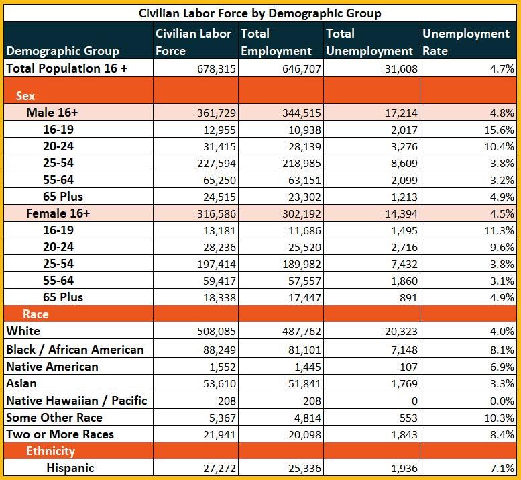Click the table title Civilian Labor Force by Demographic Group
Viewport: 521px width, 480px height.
pos(260,13)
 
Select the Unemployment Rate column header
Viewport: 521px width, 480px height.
pos(466,42)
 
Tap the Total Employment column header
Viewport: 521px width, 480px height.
pos(276,42)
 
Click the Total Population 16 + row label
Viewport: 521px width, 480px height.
pos(67,68)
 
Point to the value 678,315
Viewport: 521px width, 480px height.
pos(217,69)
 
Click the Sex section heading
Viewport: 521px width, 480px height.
pos(25,96)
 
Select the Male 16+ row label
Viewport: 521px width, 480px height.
pos(52,112)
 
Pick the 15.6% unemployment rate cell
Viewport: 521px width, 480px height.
pos(499,130)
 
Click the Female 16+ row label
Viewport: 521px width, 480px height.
pos(58,213)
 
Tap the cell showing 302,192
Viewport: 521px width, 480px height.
pos(302,214)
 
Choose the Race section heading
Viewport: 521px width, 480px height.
pos(36,314)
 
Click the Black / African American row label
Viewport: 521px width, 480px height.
pos(75,350)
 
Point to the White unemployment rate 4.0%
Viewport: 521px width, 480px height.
pos(502,332)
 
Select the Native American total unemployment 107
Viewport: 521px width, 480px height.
pos(408,367)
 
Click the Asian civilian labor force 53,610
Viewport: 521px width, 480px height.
pos(219,384)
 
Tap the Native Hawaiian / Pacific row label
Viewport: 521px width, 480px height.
pos(76,401)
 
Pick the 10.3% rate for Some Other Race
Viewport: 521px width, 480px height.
pos(499,418)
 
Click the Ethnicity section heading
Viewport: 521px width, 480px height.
pos(50,451)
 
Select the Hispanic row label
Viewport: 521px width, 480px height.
pos(70,468)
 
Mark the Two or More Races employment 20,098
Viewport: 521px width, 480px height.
pos(304,435)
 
